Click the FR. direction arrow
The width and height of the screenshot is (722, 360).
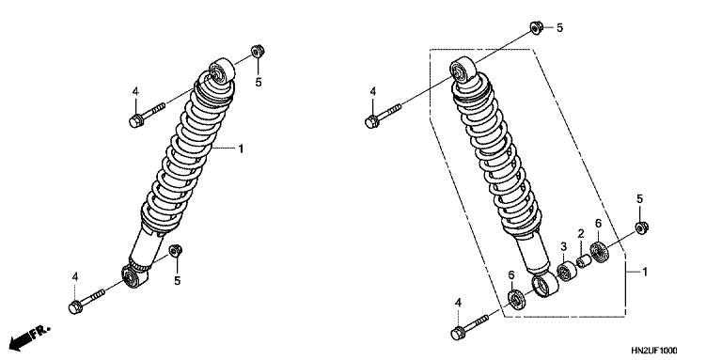[29, 338]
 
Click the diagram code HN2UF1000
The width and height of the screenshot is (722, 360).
[654, 351]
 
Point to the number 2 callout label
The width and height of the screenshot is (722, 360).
[581, 233]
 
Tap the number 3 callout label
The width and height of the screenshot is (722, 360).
[563, 247]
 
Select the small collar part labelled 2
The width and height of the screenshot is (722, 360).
[584, 261]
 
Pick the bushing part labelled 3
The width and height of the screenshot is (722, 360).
[567, 271]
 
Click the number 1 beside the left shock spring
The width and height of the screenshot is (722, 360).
[241, 149]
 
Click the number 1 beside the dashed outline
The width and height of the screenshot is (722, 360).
[645, 272]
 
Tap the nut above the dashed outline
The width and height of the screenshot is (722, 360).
[536, 27]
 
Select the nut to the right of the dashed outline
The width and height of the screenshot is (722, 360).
[641, 227]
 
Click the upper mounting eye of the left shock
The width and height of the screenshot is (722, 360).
[222, 70]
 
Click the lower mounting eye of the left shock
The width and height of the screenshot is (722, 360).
[134, 276]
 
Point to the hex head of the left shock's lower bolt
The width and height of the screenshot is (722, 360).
[75, 307]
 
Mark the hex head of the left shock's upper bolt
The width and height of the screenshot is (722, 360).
[135, 121]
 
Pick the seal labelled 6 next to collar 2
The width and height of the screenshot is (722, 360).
[599, 252]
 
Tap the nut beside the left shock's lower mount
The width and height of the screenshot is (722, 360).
[176, 251]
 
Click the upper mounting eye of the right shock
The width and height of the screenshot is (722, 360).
[463, 70]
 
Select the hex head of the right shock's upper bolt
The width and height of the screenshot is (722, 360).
[371, 122]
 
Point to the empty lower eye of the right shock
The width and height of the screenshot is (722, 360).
[544, 285]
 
